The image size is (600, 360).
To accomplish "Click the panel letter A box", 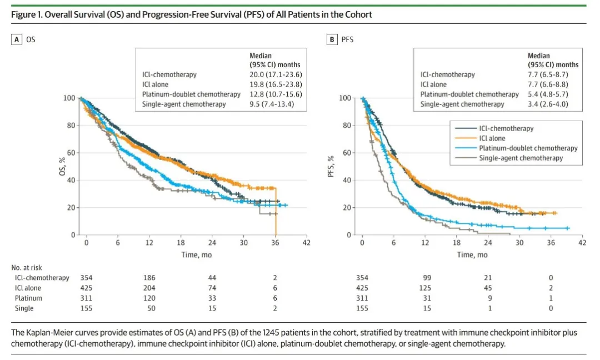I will coord(17,39).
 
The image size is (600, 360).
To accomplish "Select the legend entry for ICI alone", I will coord(492,138).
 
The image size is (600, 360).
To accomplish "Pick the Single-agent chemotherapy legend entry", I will coord(521,158).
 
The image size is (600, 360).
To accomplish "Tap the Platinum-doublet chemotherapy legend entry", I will coord(528,148).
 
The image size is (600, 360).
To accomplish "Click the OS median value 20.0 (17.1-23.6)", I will coord(276,74).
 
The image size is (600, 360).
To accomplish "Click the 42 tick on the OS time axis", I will coord(307,243).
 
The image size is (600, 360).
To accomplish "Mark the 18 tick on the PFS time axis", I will coord(457,243).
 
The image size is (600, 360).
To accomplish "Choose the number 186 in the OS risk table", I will coord(149,278).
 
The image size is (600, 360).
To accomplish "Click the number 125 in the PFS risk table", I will coord(425,288).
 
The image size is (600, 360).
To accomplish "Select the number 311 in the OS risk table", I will coord(87,298).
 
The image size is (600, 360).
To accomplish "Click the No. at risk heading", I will coord(26,267).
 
